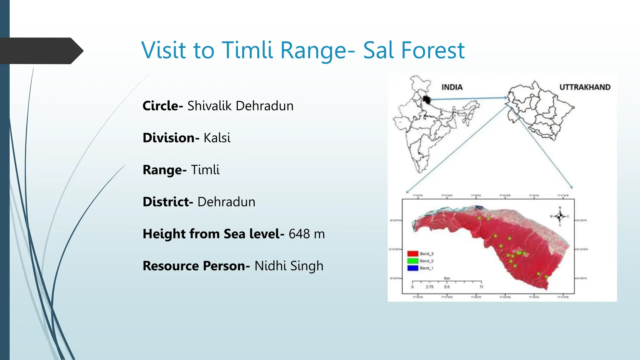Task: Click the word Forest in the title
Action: tap(433, 50)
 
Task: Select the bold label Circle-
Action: tap(162, 106)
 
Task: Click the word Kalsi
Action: tap(217, 138)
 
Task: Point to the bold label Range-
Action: tap(164, 170)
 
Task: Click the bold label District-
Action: tap(168, 202)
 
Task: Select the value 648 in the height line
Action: tap(299, 234)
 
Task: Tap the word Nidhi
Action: tap(270, 266)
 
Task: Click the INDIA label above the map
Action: tap(452, 87)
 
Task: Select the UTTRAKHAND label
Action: tap(585, 87)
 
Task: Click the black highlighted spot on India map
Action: tap(427, 100)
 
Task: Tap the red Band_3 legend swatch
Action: tap(412, 254)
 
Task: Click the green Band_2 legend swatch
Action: tap(412, 261)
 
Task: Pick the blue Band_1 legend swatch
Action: tap(412, 268)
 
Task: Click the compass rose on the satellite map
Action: tap(560, 216)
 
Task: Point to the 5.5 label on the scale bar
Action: tap(447, 287)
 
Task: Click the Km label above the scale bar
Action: tap(447, 278)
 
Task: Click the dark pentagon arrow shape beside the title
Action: tap(41, 51)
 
